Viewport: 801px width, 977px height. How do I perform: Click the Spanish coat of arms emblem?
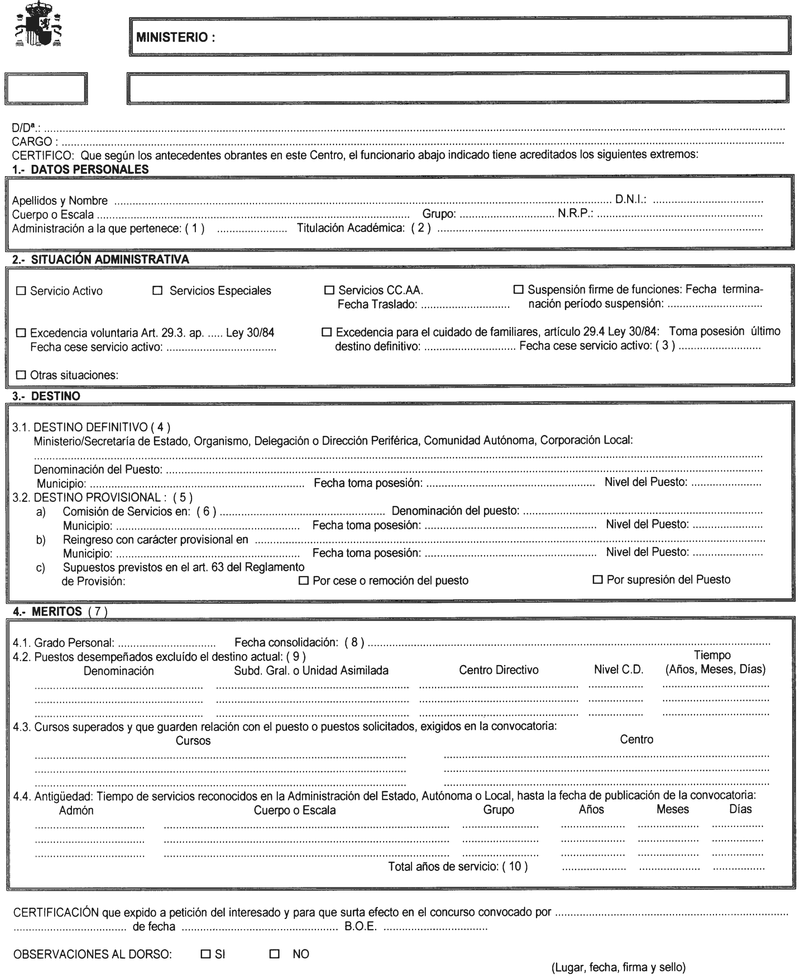click(39, 24)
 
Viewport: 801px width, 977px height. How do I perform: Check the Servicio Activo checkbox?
click(21, 291)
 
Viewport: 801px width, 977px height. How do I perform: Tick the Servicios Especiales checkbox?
click(157, 290)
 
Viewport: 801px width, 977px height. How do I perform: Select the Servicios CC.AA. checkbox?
click(329, 290)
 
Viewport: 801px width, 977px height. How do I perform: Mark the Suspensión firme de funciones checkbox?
click(518, 290)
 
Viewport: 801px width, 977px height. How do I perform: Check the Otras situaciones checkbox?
click(21, 375)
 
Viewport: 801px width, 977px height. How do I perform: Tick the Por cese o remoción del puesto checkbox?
click(304, 580)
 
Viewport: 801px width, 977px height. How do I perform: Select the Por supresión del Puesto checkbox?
click(598, 580)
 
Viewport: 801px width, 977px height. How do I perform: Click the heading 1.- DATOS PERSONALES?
click(81, 170)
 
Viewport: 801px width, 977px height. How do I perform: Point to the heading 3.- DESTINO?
click(46, 396)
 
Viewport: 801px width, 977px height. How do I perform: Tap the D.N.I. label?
click(630, 200)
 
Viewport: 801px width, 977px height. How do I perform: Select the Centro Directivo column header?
click(498, 670)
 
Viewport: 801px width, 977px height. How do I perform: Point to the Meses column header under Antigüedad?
click(672, 809)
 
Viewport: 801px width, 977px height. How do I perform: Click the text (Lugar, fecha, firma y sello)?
click(618, 967)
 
